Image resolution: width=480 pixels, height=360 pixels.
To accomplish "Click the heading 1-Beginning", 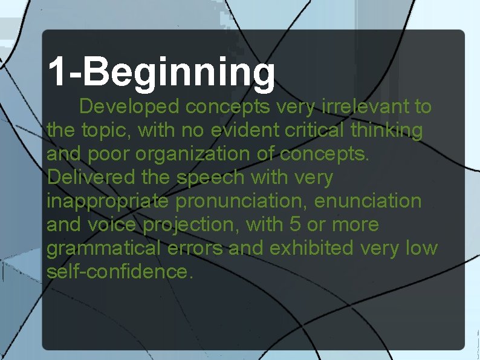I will coord(161,72).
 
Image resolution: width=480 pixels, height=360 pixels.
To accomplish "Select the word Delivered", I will coord(88,177).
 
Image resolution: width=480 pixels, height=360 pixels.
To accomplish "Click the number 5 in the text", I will coord(294,224).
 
